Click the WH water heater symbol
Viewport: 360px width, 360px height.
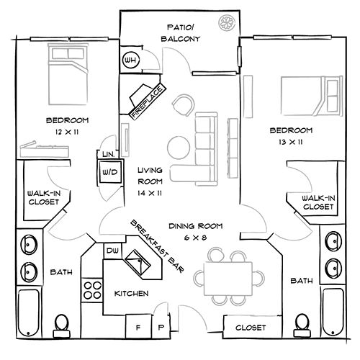coord(131,59)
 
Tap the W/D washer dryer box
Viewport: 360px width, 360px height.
coord(110,173)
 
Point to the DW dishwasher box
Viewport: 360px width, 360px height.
coord(112,251)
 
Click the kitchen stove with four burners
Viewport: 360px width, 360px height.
coord(92,291)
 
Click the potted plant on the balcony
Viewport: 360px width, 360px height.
coord(229,22)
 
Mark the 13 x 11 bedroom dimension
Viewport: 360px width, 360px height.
coord(290,143)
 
